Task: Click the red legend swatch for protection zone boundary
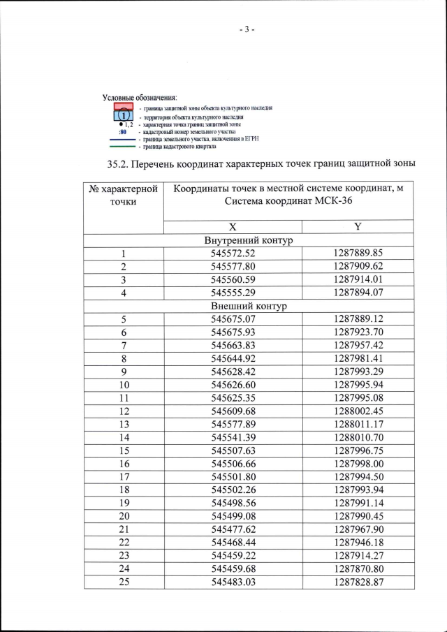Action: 124,107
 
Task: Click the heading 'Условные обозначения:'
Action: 140,96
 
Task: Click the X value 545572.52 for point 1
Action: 233,253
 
